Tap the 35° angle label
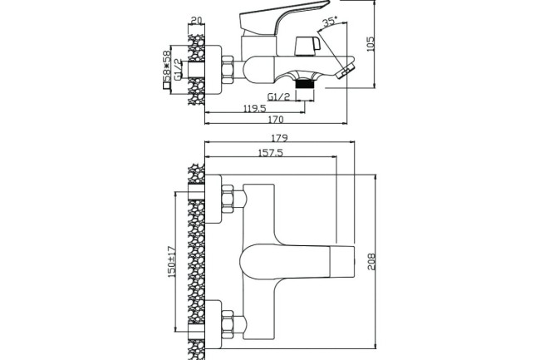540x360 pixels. tap(331, 22)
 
